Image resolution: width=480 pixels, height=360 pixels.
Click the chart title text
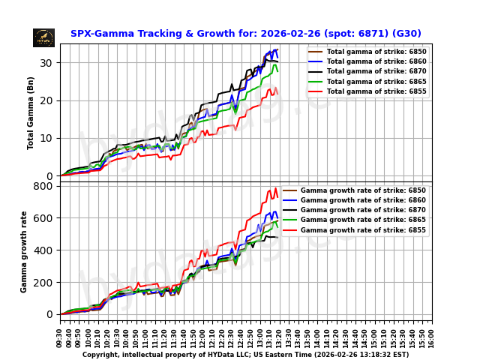click(245, 34)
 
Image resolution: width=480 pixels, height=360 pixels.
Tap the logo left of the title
click(43, 37)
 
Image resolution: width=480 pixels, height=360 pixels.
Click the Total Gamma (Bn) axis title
click(31, 112)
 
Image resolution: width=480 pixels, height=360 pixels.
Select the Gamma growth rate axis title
click(24, 251)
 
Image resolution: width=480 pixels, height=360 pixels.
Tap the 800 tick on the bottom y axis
click(45, 186)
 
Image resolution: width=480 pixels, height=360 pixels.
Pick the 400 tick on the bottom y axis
click(45, 250)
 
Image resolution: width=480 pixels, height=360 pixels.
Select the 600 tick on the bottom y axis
click(45, 218)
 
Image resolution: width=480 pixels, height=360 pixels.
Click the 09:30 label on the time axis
click(60, 334)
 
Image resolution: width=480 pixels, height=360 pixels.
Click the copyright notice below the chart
click(245, 354)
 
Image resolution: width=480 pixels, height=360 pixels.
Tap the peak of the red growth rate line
click(275, 188)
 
